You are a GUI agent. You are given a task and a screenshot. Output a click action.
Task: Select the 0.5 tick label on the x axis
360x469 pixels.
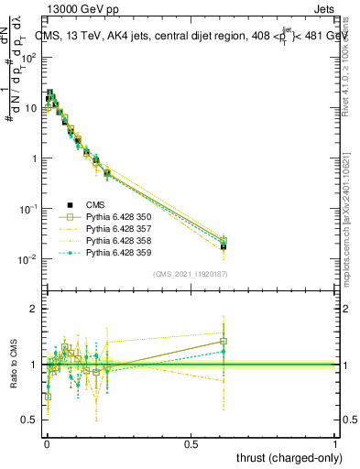pyautogui.click(x=191, y=442)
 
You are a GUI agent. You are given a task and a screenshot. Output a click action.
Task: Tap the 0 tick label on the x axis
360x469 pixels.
pyautogui.click(x=47, y=442)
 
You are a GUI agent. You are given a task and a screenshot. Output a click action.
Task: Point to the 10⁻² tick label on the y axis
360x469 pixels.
pyautogui.click(x=29, y=259)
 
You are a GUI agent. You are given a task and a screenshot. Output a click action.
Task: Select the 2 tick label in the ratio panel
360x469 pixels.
pyautogui.click(x=35, y=309)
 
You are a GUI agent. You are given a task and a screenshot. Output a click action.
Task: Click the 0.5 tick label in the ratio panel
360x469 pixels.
pyautogui.click(x=31, y=420)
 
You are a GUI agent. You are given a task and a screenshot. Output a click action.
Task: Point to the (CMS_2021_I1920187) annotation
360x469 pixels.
pyautogui.click(x=190, y=274)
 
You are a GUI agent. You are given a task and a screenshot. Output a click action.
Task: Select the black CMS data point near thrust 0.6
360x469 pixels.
pyautogui.click(x=223, y=246)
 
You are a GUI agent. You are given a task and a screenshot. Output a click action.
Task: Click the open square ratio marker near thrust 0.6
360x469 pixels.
pyautogui.click(x=223, y=342)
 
